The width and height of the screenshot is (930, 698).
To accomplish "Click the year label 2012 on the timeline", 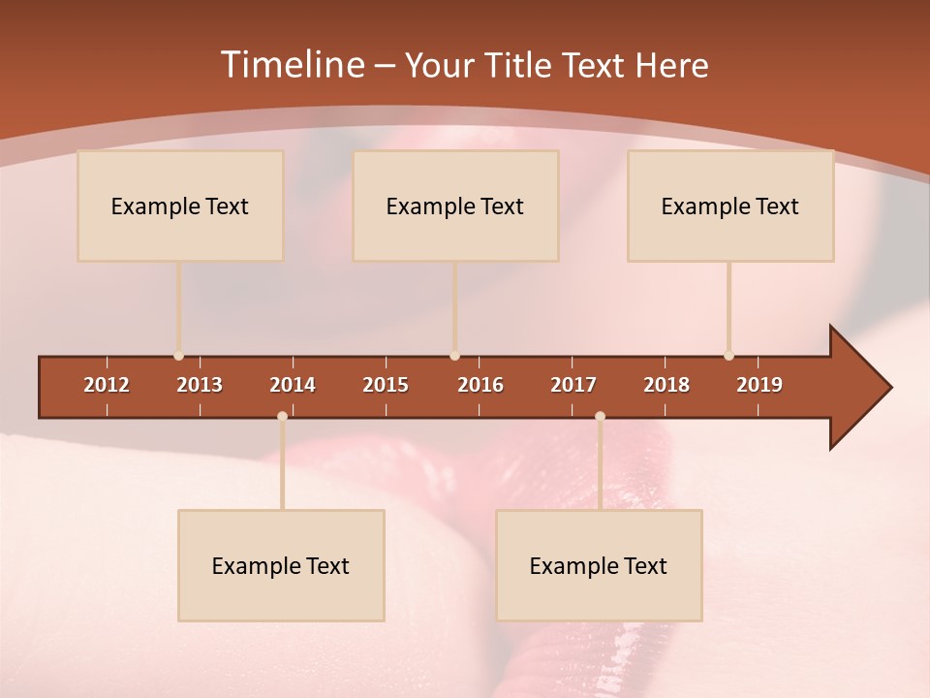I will coord(107,385).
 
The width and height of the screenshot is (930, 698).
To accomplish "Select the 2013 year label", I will coord(200,385).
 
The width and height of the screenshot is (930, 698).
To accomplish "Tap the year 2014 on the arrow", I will coord(293,385).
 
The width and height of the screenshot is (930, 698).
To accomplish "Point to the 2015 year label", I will coord(386,385).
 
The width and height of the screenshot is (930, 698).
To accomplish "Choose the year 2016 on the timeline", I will coord(480,385).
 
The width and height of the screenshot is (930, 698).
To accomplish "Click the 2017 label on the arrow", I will coord(573,385).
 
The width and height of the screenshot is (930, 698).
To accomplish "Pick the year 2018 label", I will coord(666,385).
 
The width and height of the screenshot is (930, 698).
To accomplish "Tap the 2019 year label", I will coord(759,385).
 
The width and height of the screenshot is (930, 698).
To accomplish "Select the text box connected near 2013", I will coord(180,206).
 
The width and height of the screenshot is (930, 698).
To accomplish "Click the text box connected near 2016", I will coord(455,206).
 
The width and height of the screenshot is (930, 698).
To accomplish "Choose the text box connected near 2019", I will coord(730,206).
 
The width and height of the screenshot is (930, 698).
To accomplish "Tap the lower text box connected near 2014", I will coord(281,565).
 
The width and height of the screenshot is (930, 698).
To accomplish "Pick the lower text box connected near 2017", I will coord(599,565).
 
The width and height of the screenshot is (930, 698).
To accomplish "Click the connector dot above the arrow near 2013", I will coord(178,356).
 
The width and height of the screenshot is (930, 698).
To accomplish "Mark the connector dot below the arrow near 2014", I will coord(282,417).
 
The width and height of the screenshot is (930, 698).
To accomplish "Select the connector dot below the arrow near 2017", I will coord(600,417).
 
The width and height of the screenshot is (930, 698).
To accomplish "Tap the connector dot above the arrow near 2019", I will coord(728,356).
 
